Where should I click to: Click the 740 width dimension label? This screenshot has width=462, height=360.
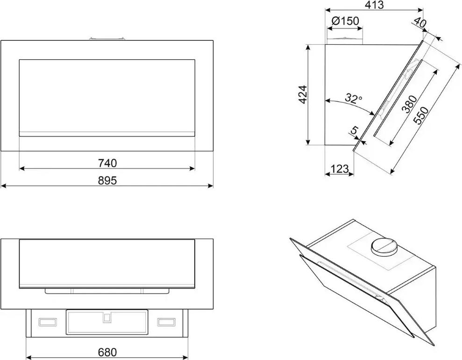(x=107, y=163)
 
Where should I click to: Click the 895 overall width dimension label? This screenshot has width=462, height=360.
(x=107, y=180)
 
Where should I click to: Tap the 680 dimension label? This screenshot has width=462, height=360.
(x=107, y=352)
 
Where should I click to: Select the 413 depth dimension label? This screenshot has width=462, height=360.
(x=374, y=5)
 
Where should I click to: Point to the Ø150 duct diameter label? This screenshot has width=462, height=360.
(x=345, y=21)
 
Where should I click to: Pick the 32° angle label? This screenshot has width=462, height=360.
(x=354, y=98)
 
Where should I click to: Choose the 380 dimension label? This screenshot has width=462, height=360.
(x=410, y=104)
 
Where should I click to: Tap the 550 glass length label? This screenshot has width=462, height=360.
(x=421, y=115)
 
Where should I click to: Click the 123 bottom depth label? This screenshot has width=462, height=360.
(x=340, y=169)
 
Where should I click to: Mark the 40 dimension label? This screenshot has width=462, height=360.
(x=420, y=22)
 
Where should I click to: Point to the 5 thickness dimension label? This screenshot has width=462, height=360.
(x=355, y=130)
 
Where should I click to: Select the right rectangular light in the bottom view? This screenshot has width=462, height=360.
(x=166, y=322)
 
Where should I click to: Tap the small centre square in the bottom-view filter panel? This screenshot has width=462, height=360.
(x=107, y=317)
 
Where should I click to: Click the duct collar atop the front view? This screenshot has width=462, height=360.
(x=107, y=38)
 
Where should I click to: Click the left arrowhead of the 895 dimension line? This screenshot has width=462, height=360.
(x=3, y=186)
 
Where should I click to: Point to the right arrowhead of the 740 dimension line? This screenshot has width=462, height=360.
(x=192, y=169)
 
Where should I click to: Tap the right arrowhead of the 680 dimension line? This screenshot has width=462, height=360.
(x=185, y=357)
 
